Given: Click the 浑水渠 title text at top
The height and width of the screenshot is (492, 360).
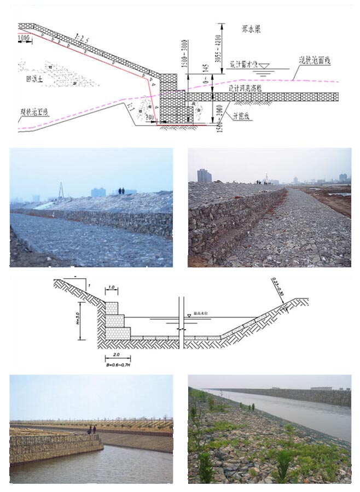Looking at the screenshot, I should (x=251, y=30).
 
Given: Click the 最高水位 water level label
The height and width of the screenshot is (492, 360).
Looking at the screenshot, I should (x=201, y=315).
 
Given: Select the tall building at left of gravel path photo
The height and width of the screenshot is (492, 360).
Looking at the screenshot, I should (x=204, y=175).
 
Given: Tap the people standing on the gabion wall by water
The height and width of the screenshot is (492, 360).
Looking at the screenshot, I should (x=92, y=430).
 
